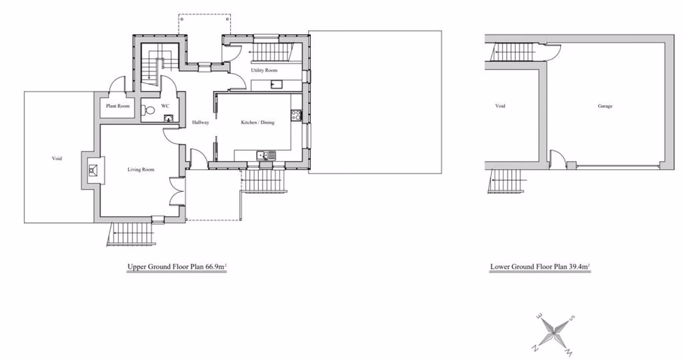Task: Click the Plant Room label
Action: [117, 106]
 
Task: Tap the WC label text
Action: [165, 106]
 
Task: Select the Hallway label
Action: [200, 123]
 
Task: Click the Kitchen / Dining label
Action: [257, 123]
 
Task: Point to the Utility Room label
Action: [264, 71]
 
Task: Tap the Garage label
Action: [605, 106]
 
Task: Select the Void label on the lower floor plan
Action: [500, 106]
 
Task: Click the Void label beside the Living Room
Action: [57, 158]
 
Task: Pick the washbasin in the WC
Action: [168, 118]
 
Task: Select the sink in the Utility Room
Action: [277, 85]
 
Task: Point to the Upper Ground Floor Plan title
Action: [177, 268]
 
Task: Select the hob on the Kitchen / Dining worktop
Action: [296, 115]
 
